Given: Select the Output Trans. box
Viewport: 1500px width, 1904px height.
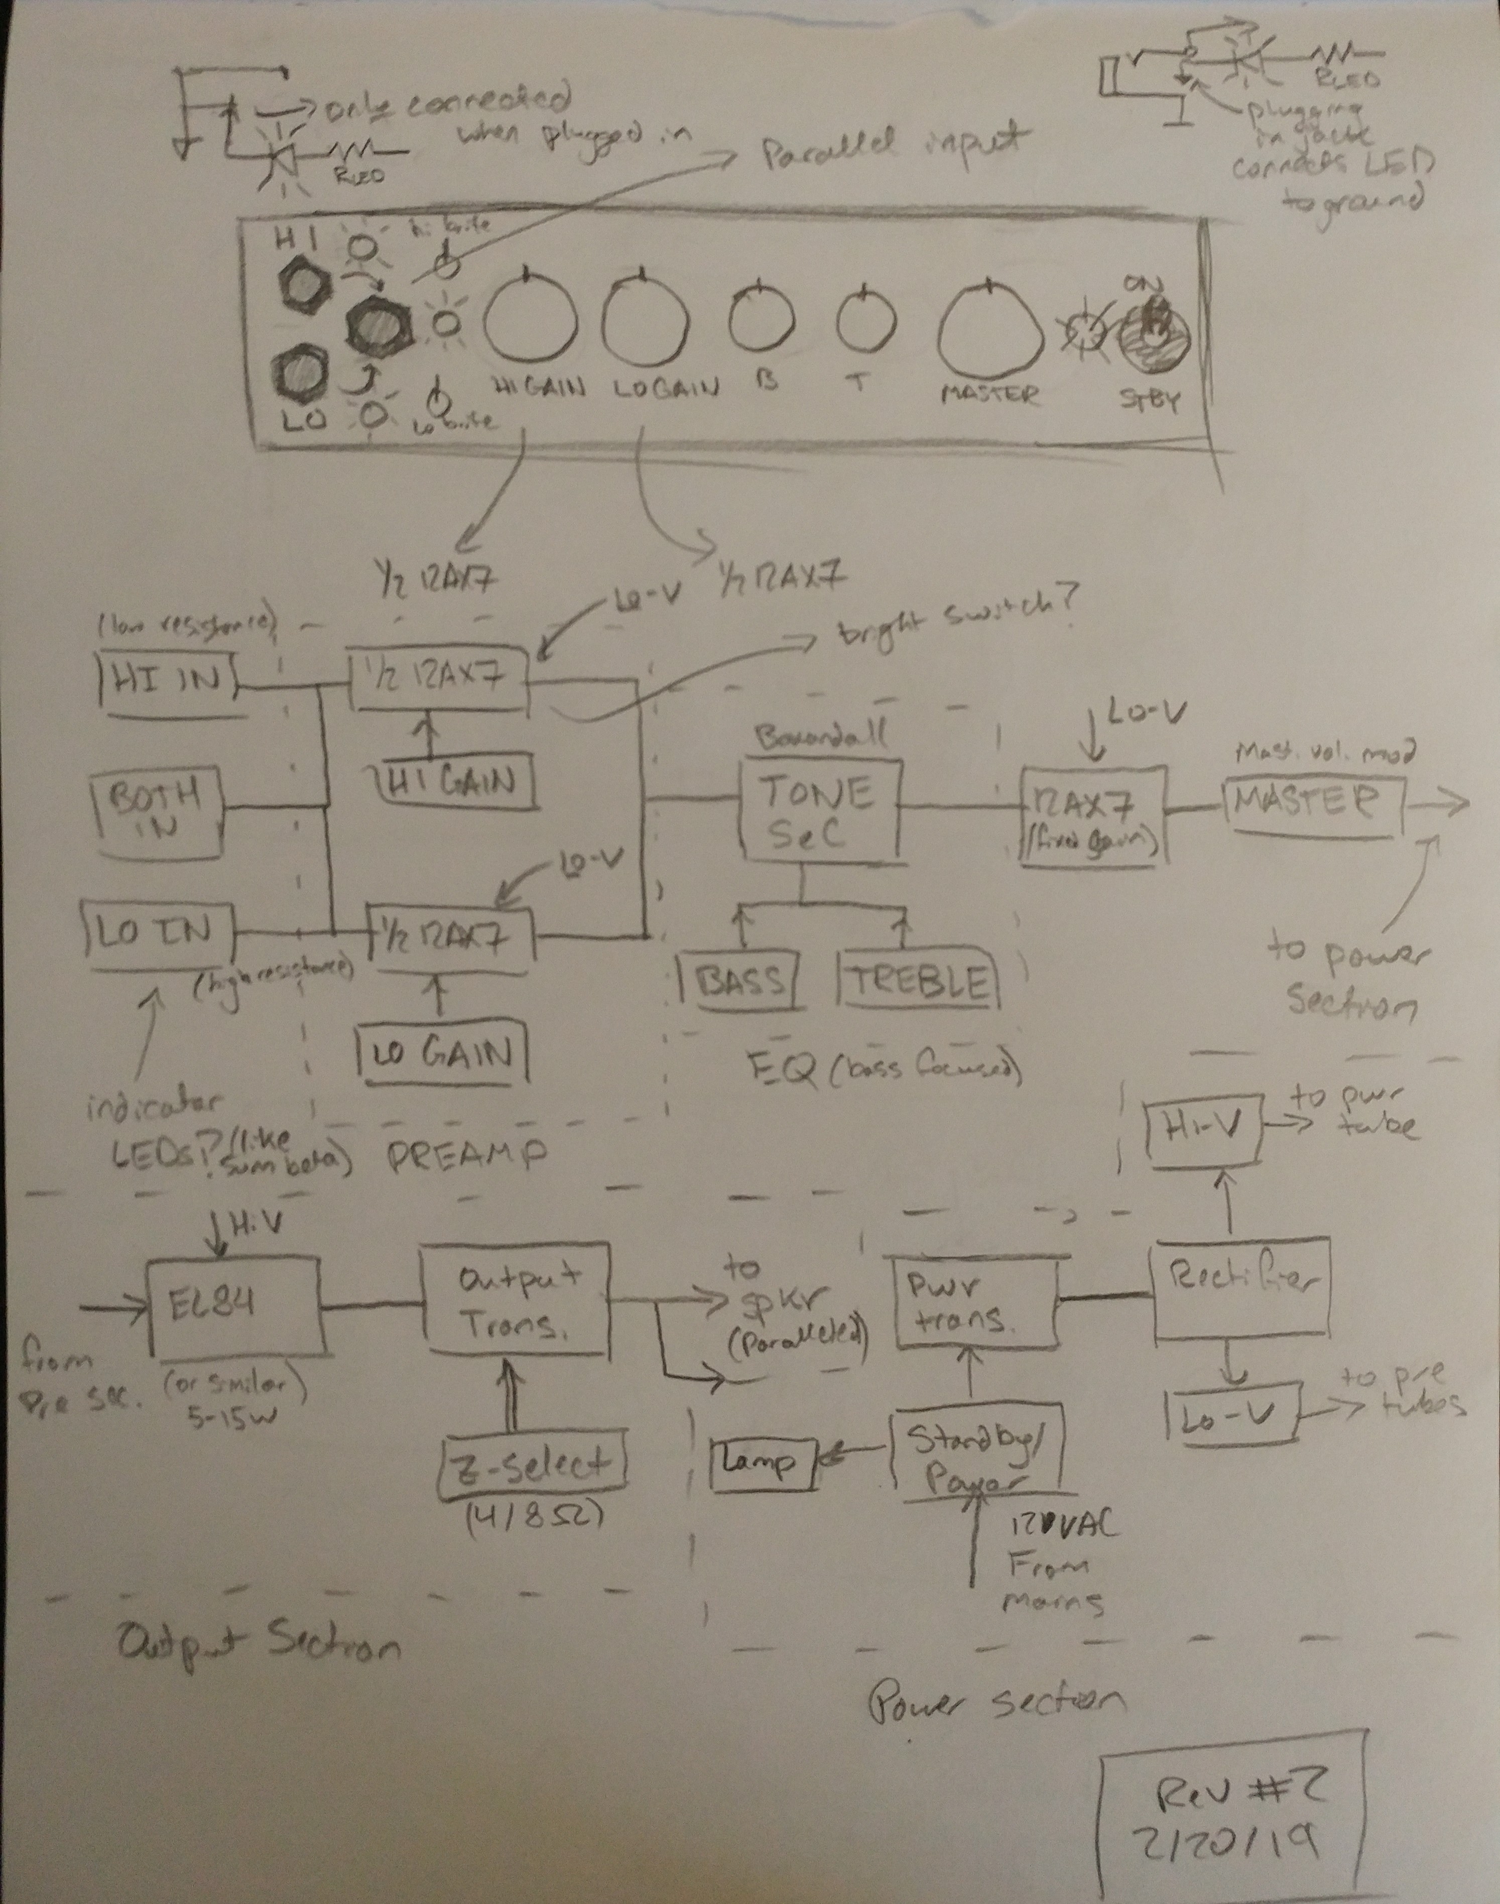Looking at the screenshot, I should pos(517,1300).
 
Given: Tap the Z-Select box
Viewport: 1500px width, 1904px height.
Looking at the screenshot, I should pos(535,1465).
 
